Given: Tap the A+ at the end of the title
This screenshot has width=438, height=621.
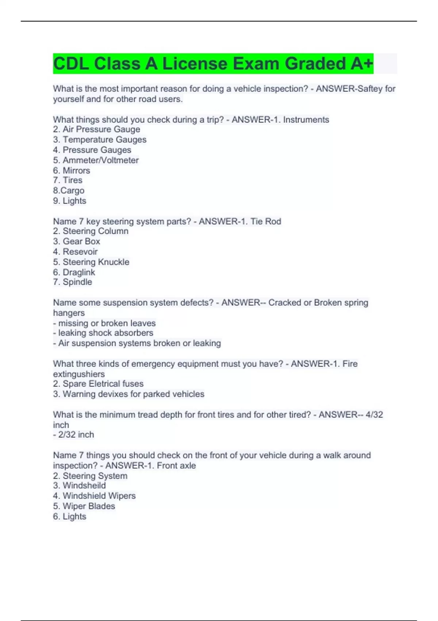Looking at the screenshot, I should tap(362, 64).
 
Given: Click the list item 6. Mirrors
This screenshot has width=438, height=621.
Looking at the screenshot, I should tap(72, 171).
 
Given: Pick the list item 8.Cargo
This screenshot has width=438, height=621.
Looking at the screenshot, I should tap(69, 191).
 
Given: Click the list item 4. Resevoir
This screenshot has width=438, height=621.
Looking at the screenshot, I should tap(75, 252).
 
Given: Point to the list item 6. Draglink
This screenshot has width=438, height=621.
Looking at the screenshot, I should tap(74, 272).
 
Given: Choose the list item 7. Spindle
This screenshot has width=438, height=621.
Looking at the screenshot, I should tap(72, 282).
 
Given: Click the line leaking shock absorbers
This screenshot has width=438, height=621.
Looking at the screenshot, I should tap(103, 333).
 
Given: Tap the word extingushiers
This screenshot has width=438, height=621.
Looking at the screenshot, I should tap(79, 374).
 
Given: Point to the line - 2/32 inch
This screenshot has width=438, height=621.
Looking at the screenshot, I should tap(73, 435).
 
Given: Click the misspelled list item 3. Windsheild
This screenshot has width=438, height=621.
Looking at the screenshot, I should tap(79, 485).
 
